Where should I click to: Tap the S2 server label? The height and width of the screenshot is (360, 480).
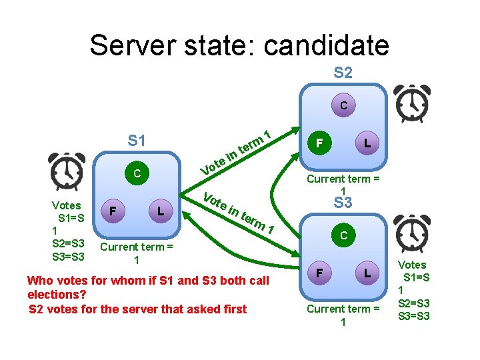point(343,73)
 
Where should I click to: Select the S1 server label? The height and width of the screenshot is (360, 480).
point(137,141)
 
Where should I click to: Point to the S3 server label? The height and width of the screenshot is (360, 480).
point(343,203)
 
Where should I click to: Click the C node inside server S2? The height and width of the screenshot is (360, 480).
point(343,105)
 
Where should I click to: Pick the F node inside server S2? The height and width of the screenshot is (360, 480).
point(320,143)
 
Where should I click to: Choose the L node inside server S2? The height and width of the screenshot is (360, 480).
point(367,143)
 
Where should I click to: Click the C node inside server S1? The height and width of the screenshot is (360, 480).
point(136,174)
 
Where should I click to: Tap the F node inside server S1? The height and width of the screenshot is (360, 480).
point(113,211)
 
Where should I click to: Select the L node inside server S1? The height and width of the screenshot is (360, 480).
point(161,211)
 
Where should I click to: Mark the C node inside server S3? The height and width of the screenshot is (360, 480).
point(343,235)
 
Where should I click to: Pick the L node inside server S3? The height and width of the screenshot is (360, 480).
point(367,273)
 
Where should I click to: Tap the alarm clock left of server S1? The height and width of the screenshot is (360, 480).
point(67,172)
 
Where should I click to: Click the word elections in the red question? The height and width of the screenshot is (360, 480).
point(53,294)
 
